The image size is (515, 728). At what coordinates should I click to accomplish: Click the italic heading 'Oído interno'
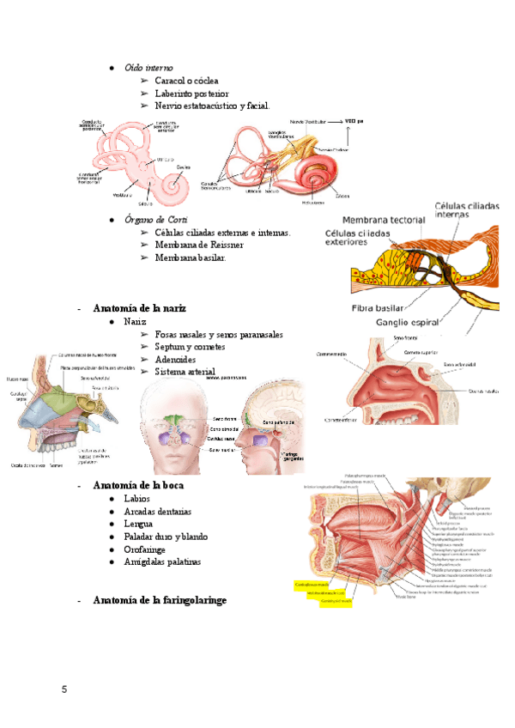[x=148, y=67]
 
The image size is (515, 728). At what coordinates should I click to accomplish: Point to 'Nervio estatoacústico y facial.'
[x=212, y=106]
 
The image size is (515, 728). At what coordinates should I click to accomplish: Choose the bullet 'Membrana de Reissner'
[x=199, y=245]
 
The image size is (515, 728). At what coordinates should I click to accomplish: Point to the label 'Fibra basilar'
[x=379, y=308]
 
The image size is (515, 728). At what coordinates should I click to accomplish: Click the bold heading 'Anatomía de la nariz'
[x=139, y=307]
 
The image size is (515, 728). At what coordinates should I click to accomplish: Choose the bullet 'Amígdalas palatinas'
[x=162, y=561]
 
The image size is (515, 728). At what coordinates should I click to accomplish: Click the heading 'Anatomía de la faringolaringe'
[x=160, y=600]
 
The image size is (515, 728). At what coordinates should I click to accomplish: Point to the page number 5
[x=64, y=690]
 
